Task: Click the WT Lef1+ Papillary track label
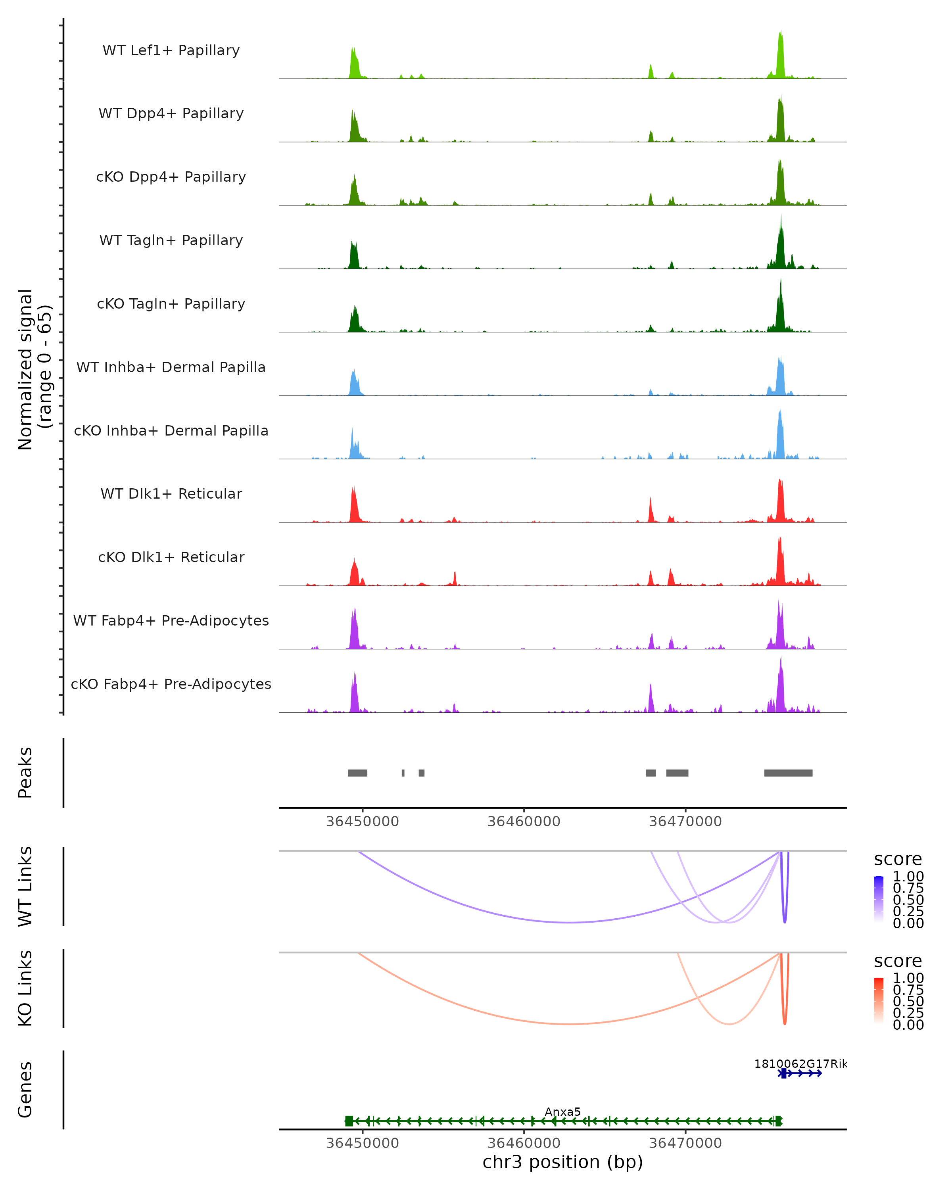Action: (171, 50)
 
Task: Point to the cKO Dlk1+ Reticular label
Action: (171, 557)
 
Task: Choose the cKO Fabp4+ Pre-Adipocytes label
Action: (171, 684)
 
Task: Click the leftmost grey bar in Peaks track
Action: (358, 773)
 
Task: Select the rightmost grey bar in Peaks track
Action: (788, 773)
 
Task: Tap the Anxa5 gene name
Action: (562, 1111)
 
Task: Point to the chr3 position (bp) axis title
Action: (562, 1162)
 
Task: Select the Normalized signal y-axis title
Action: (34, 369)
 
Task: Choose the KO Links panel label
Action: (25, 988)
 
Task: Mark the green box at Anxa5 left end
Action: (349, 1121)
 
